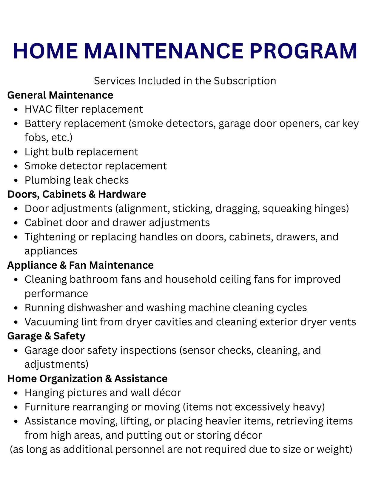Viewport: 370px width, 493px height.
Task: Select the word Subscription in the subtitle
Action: pyautogui.click(x=245, y=81)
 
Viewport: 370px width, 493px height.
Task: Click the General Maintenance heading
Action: pyautogui.click(x=60, y=95)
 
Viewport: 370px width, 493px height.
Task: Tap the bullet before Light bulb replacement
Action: pyautogui.click(x=16, y=152)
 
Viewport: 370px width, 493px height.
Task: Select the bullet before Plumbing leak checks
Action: pyautogui.click(x=16, y=180)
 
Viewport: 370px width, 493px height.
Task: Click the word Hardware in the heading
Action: pyautogui.click(x=122, y=194)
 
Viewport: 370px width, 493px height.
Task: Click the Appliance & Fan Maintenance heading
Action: pyautogui.click(x=80, y=265)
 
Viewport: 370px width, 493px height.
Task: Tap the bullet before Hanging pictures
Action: pyautogui.click(x=16, y=393)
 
